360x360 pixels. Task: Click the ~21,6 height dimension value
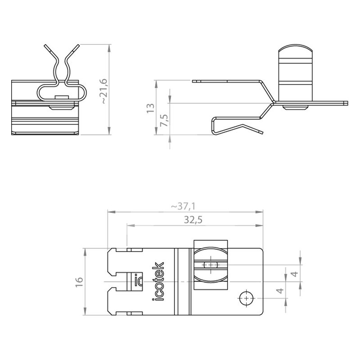click(104, 91)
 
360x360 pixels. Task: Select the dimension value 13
click(151, 108)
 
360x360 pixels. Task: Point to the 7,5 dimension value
click(165, 120)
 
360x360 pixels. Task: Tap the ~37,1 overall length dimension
click(183, 207)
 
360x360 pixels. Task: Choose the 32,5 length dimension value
click(193, 220)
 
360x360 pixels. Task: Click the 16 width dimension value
click(79, 282)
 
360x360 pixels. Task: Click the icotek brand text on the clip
click(158, 281)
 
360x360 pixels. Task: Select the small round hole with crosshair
click(246, 298)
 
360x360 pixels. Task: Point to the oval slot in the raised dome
click(211, 265)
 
